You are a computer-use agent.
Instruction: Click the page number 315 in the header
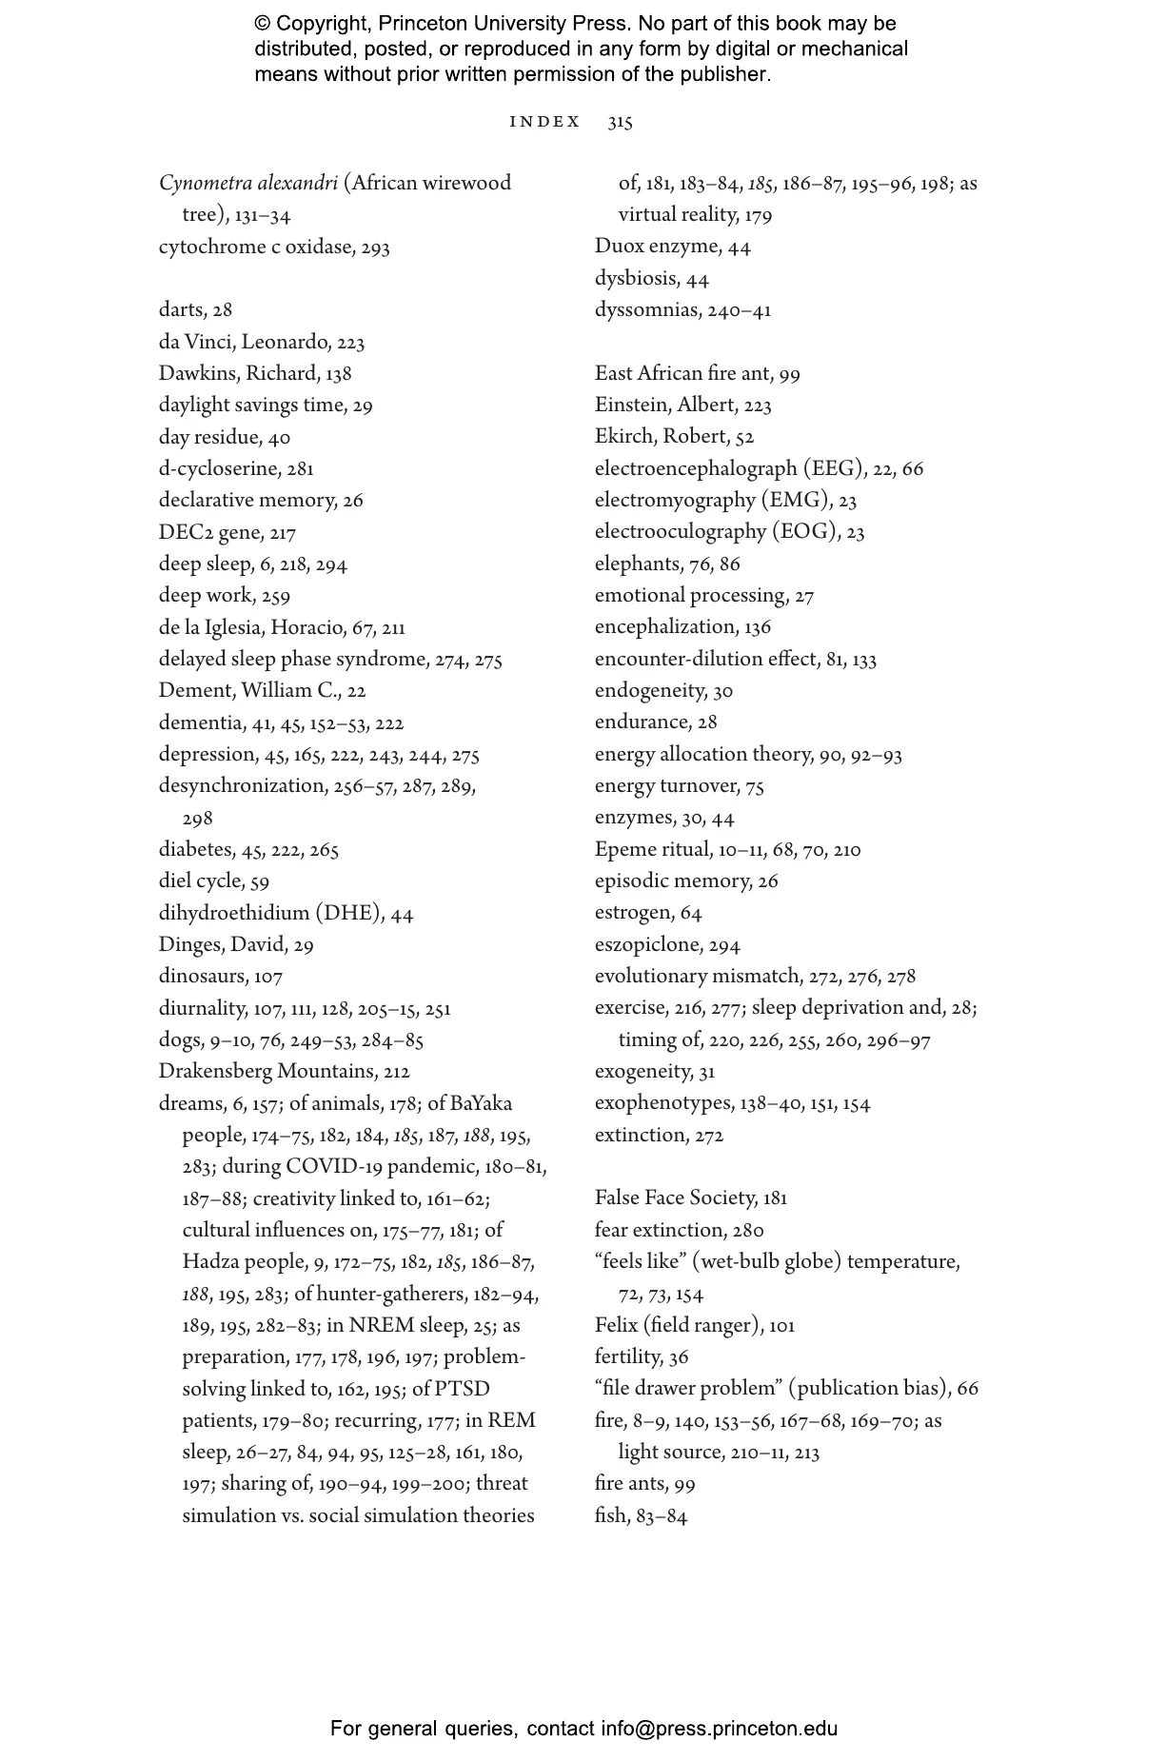620,122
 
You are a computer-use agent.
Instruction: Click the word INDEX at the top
544,122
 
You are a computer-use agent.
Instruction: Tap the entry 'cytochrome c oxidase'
274,247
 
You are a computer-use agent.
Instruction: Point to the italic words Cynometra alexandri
248,183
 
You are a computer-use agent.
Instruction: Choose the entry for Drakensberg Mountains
284,1071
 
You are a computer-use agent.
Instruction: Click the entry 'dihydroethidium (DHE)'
286,913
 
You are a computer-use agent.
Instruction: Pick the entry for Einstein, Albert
682,405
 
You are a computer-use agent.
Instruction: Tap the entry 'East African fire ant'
697,373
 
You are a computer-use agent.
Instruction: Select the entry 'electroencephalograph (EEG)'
759,468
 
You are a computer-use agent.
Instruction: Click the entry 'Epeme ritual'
727,849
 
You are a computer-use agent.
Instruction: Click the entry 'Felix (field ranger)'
694,1325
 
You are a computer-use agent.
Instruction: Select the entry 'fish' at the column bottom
640,1515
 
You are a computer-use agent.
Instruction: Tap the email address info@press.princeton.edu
719,1729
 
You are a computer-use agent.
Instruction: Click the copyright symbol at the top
263,24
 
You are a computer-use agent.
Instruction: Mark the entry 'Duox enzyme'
672,247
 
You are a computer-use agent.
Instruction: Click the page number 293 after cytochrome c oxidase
375,247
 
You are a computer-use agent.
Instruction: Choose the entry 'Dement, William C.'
262,690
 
